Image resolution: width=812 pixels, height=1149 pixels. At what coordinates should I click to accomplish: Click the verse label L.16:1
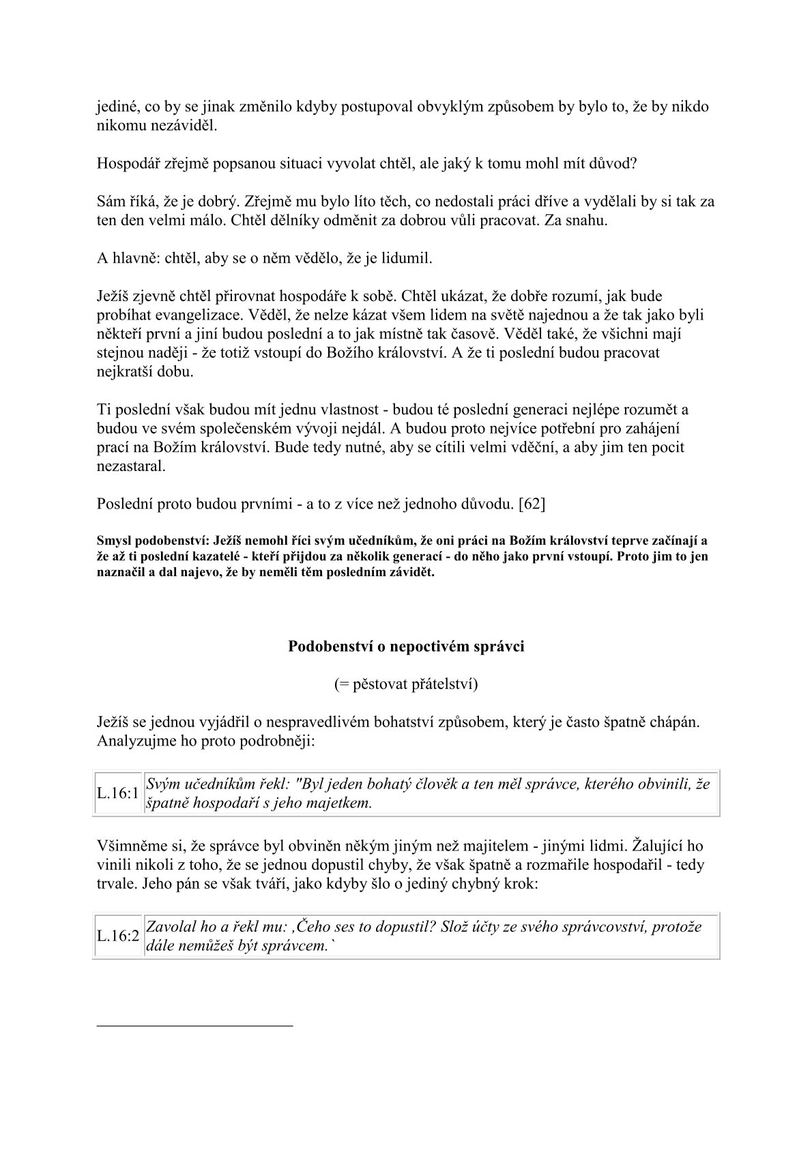[x=118, y=793]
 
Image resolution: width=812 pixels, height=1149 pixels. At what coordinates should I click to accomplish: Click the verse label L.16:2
[x=118, y=936]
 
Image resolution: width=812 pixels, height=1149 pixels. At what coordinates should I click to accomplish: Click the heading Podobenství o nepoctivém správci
[x=406, y=646]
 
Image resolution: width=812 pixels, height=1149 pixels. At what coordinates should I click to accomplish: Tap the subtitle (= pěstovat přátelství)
[x=406, y=684]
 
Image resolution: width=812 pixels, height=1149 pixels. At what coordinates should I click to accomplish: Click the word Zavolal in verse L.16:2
[x=171, y=927]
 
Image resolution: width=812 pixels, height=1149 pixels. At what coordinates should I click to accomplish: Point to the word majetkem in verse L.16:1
[x=345, y=803]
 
